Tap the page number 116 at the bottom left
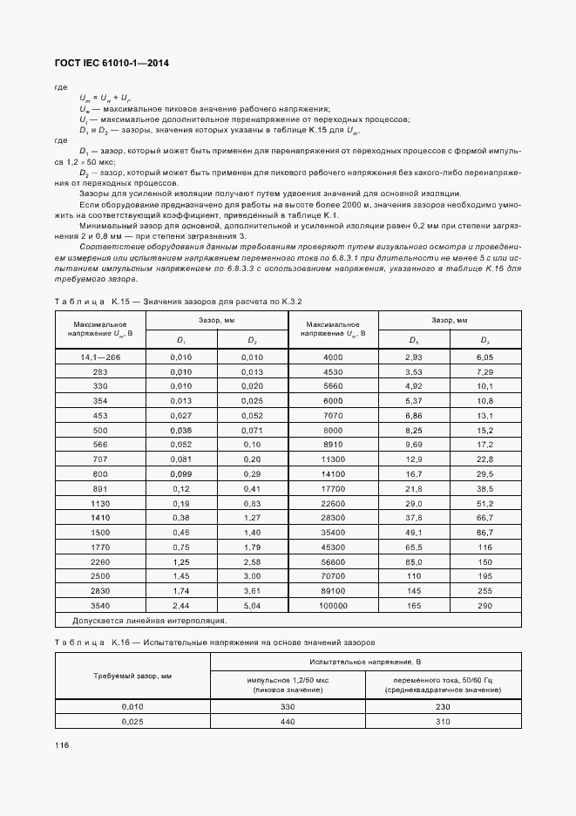click(x=62, y=746)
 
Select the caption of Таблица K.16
click(x=214, y=641)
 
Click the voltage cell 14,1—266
click(x=100, y=357)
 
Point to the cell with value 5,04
click(x=252, y=605)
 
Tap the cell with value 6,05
click(x=485, y=357)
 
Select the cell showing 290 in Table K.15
click(x=485, y=605)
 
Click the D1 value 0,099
click(x=180, y=473)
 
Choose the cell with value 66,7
click(x=485, y=517)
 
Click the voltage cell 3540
click(x=100, y=605)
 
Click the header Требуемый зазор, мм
click(x=132, y=676)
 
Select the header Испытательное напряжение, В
click(x=366, y=663)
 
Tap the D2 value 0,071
click(x=252, y=429)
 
